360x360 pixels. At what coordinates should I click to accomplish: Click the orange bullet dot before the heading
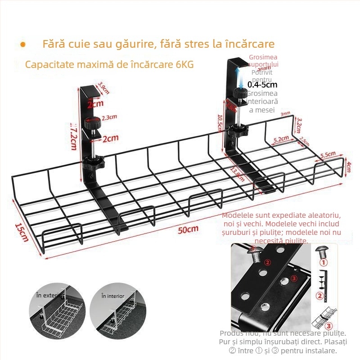click(x=23, y=45)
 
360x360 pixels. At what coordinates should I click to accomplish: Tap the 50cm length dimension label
click(x=188, y=229)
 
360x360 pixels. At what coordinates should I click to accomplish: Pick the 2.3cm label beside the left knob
click(x=109, y=118)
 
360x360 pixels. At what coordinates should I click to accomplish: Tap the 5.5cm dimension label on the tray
click(x=328, y=155)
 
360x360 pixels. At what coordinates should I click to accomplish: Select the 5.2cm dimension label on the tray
click(x=281, y=140)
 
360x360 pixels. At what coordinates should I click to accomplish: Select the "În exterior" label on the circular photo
click(x=50, y=295)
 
